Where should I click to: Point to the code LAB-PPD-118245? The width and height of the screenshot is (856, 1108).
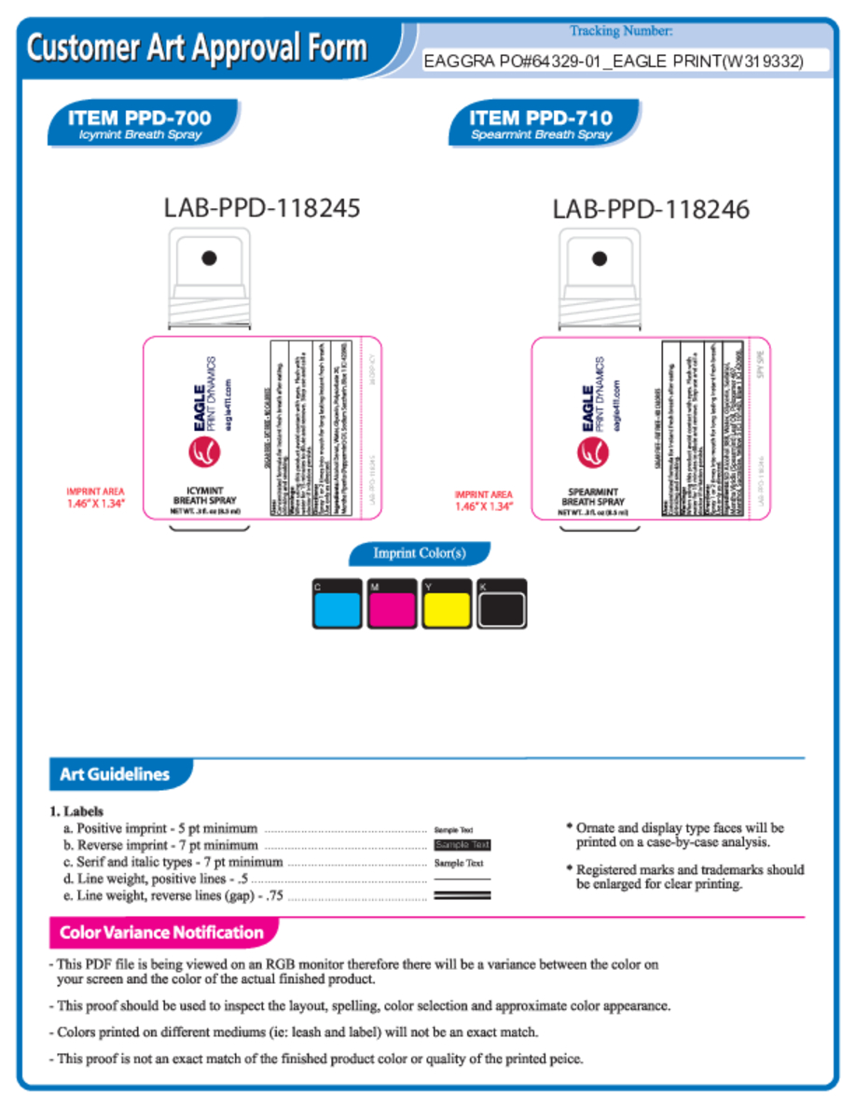[x=262, y=207]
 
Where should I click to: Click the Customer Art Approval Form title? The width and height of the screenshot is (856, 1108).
[x=198, y=48]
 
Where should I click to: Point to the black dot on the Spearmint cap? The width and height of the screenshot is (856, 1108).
[x=600, y=258]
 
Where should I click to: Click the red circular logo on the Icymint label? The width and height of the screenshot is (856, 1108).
[x=202, y=453]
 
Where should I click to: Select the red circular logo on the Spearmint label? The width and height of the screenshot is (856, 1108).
[x=591, y=453]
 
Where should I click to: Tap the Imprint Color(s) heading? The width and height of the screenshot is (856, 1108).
[x=420, y=553]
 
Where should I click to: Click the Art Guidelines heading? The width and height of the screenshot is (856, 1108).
[x=115, y=774]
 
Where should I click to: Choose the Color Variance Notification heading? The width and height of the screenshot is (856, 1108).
[x=161, y=932]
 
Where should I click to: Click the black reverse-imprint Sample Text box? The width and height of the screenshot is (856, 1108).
[x=463, y=845]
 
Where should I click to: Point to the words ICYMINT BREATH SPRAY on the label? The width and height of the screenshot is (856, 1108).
[x=204, y=496]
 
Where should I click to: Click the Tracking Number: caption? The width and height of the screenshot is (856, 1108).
[x=621, y=32]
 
